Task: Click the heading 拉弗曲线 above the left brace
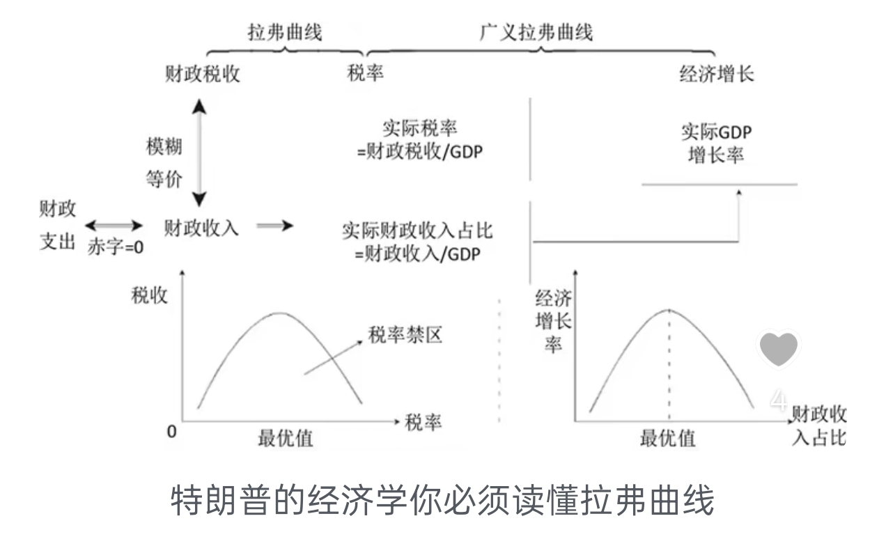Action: [x=285, y=32]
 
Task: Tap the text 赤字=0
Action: [x=115, y=247]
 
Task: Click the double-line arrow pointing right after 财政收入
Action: [x=275, y=226]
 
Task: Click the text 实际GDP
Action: [x=717, y=132]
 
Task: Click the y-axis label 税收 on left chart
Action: [x=150, y=295]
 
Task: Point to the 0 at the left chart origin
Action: [x=171, y=432]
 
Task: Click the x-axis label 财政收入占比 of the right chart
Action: [x=820, y=427]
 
